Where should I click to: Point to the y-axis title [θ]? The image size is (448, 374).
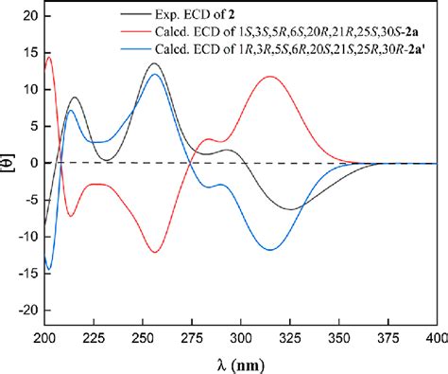(x=9, y=163)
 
